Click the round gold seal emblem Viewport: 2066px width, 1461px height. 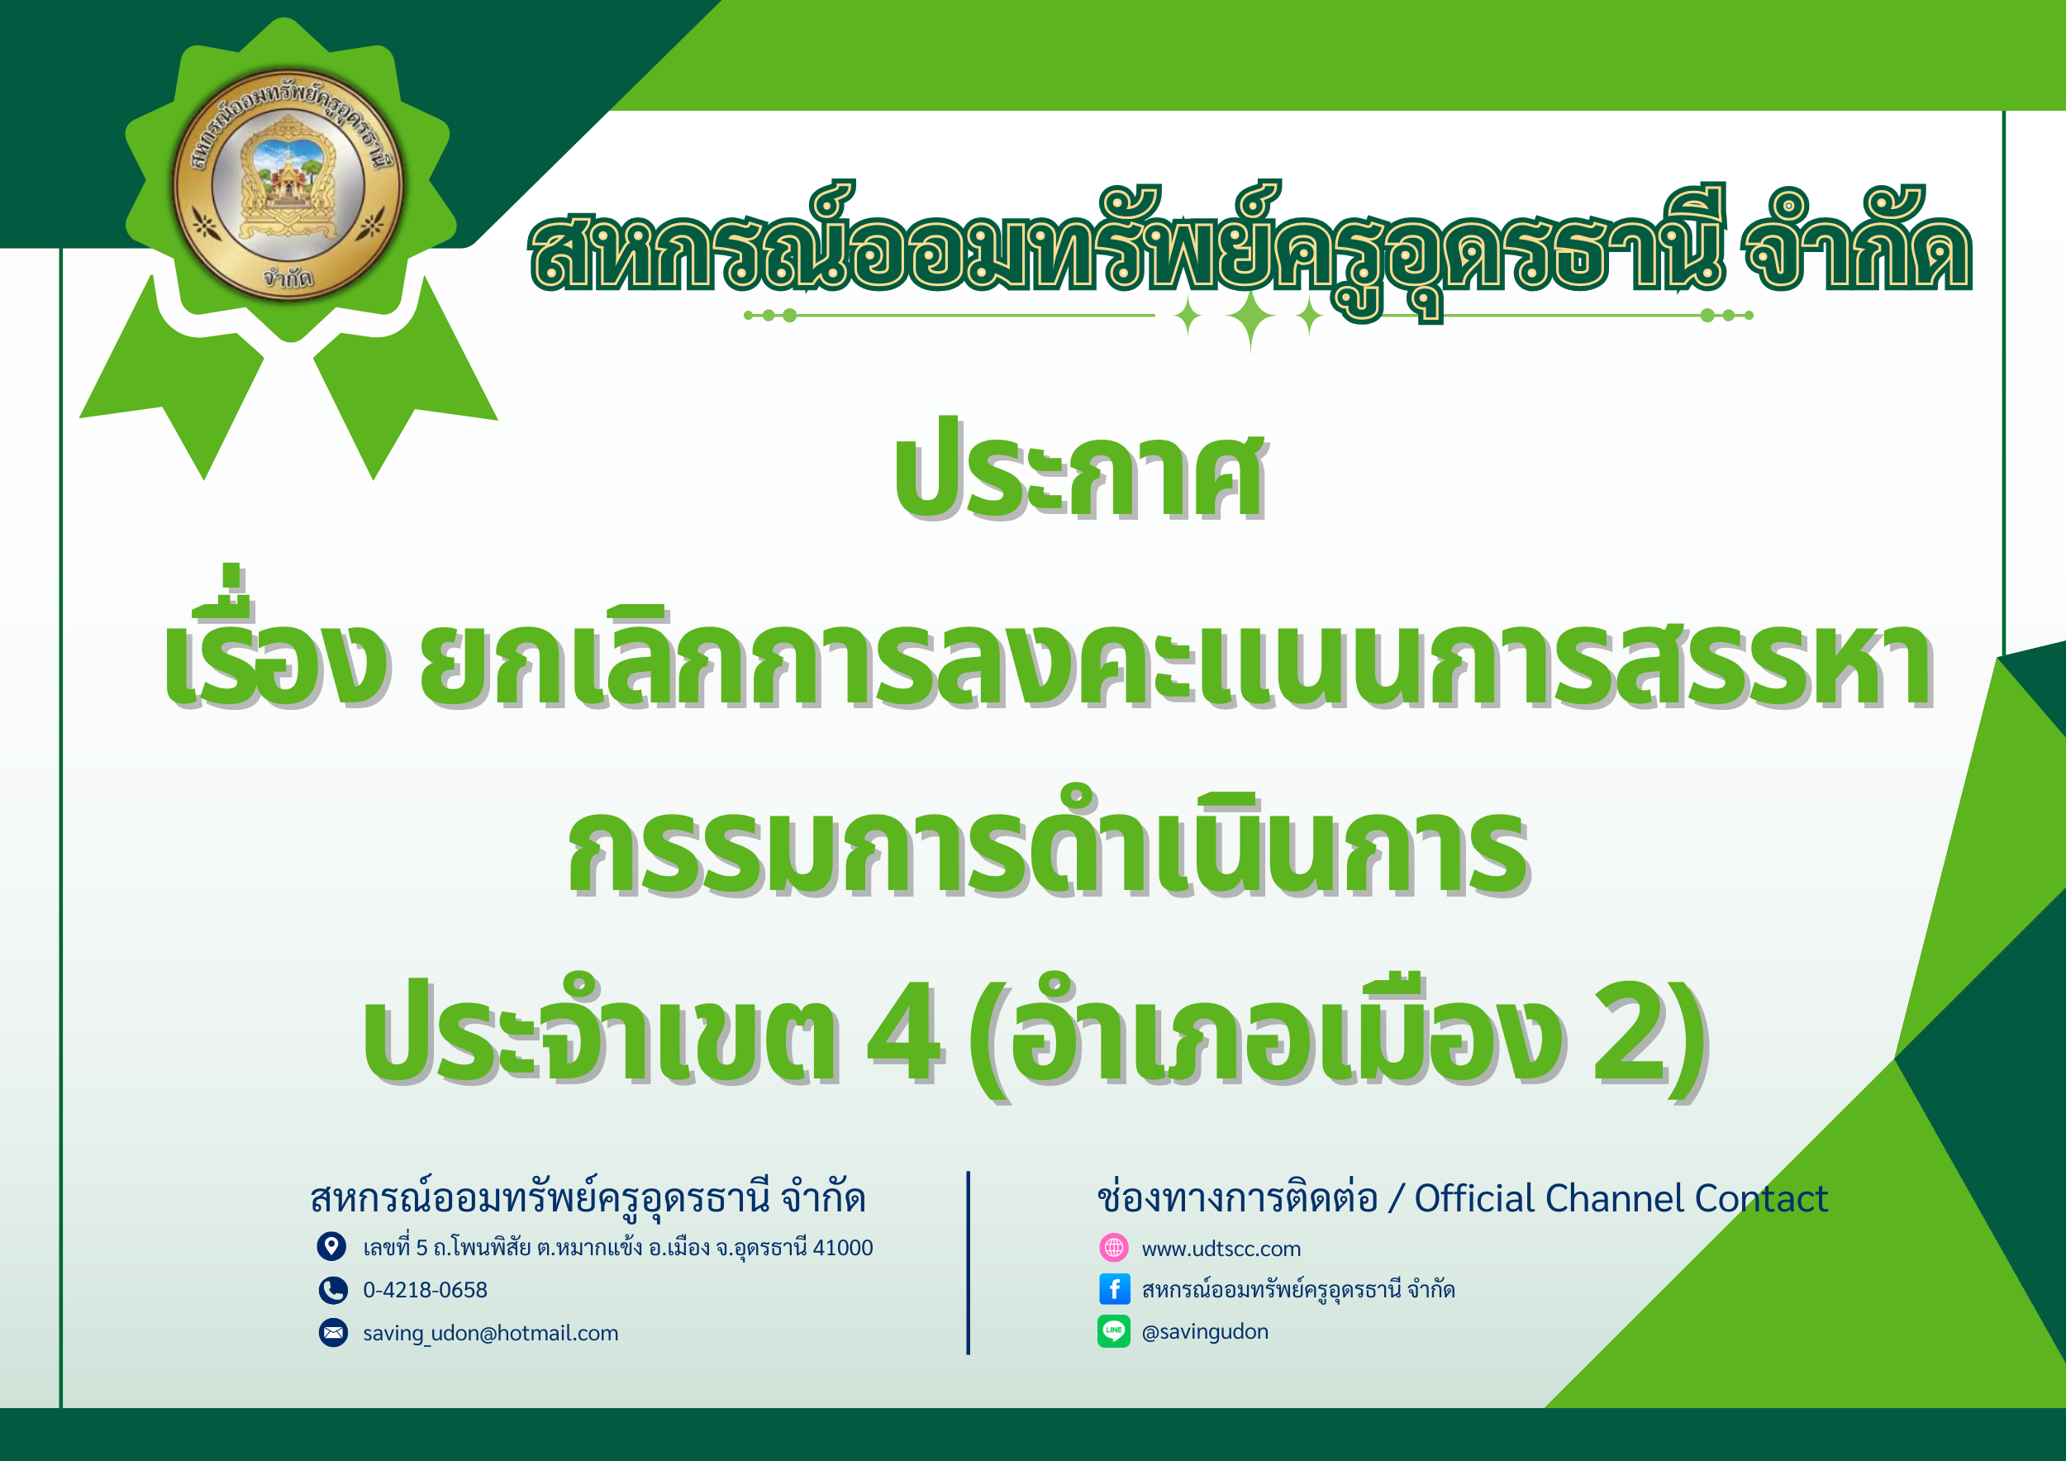tap(288, 184)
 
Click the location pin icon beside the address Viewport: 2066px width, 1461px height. tap(332, 1247)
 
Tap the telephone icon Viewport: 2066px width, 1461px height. tap(333, 1290)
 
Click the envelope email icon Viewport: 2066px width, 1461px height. tap(333, 1332)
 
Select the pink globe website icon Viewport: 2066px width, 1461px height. tap(1114, 1248)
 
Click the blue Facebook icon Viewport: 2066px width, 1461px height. tap(1114, 1289)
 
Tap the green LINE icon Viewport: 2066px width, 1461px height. tap(1114, 1331)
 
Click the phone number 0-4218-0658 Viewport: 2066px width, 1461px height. tap(425, 1290)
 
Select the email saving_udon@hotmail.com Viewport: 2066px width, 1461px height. tap(490, 1333)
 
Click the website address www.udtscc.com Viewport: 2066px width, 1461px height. tap(1221, 1249)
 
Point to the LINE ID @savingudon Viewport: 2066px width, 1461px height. tap(1205, 1332)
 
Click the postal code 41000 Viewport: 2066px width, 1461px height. tap(842, 1248)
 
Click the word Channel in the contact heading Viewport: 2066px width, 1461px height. tap(1614, 1198)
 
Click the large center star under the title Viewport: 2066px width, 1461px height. tap(1250, 316)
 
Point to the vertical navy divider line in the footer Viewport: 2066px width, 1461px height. tap(969, 1262)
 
